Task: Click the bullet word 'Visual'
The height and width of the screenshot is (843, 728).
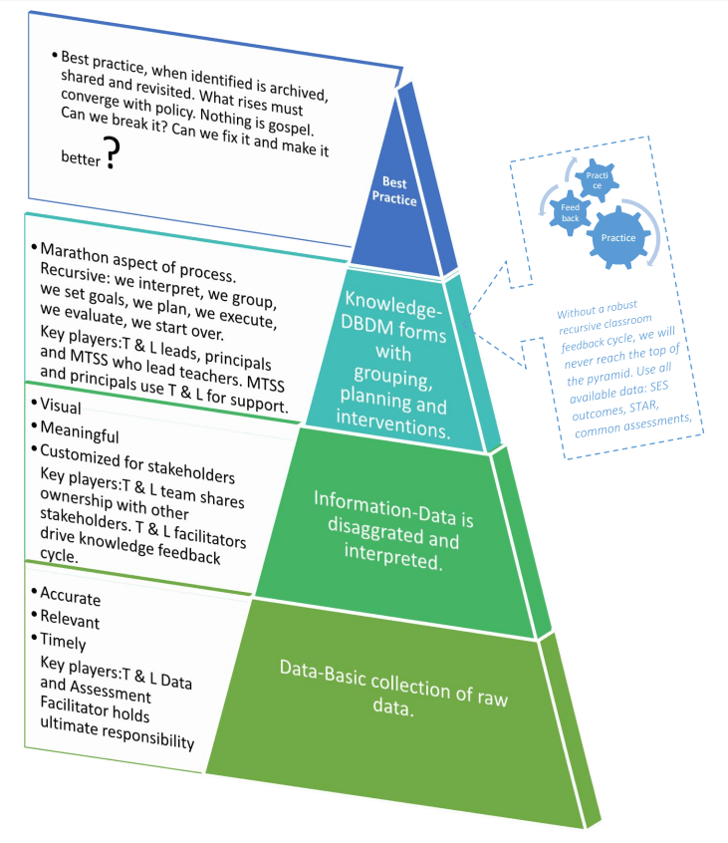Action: pyautogui.click(x=62, y=408)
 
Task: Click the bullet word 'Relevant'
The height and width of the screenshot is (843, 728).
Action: pyautogui.click(x=71, y=620)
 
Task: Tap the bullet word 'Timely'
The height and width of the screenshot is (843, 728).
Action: pyautogui.click(x=63, y=642)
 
